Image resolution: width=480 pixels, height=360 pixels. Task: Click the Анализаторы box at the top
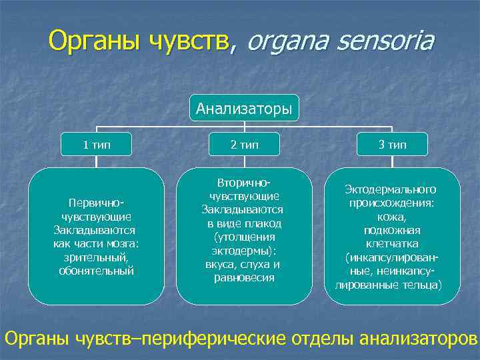[244, 107]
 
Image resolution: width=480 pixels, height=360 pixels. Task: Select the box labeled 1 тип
[97, 144]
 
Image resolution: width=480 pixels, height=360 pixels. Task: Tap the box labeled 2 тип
[244, 144]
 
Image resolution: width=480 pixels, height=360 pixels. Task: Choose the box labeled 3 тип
[393, 144]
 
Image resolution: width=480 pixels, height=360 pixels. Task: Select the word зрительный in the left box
[97, 257]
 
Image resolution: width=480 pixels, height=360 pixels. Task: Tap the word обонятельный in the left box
[97, 271]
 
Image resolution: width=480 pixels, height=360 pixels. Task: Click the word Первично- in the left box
[97, 202]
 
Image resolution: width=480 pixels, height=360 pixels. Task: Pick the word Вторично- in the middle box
[244, 182]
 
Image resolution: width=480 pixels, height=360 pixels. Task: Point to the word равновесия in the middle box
[244, 277]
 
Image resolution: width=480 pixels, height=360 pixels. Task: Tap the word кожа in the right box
[393, 216]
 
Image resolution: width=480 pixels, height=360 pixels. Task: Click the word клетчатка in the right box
[393, 243]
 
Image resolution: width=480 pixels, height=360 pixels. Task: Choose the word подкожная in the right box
[393, 230]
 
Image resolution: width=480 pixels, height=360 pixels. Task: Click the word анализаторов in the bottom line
[419, 339]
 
